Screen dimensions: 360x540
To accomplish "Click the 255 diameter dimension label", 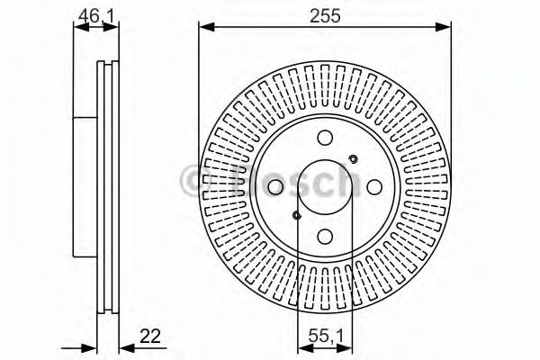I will (324, 15).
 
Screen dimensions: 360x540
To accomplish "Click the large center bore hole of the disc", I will (325, 185).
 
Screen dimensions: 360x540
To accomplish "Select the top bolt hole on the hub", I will (325, 137).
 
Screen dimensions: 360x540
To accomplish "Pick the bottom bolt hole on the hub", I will (325, 235).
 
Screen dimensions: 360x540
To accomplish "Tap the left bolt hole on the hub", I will (275, 186).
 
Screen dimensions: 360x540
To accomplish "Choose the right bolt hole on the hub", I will (373, 186).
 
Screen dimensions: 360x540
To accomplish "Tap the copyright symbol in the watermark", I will (193, 181).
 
